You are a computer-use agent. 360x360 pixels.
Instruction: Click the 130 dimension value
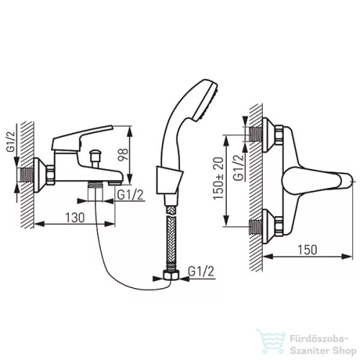pos(75,217)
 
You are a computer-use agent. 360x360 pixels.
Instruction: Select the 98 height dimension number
pos(123,155)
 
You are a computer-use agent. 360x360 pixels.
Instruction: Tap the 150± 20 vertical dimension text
pos(218,179)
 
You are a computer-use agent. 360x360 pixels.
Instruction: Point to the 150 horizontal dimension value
pos(307,250)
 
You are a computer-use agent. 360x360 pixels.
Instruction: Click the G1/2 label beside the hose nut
pos(201,271)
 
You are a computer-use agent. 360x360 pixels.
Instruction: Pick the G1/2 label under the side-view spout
pos(130,195)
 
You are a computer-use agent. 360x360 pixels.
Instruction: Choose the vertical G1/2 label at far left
pos(11,142)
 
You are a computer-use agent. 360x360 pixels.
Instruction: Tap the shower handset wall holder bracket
pos(169,180)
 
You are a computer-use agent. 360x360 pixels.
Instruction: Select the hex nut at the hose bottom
pos(171,275)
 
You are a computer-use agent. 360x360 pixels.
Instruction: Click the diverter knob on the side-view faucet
pos(94,156)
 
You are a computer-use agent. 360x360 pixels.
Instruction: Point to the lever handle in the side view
pos(81,138)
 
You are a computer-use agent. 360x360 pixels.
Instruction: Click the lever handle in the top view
pos(318,181)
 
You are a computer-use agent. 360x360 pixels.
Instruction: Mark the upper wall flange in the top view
pos(269,135)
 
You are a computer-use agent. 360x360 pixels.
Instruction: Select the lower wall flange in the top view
pos(269,226)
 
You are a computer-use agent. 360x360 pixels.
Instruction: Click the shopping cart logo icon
pos(271,341)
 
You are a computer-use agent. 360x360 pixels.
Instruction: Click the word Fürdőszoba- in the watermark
pos(319,339)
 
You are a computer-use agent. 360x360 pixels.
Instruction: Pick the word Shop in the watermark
pos(344,351)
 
